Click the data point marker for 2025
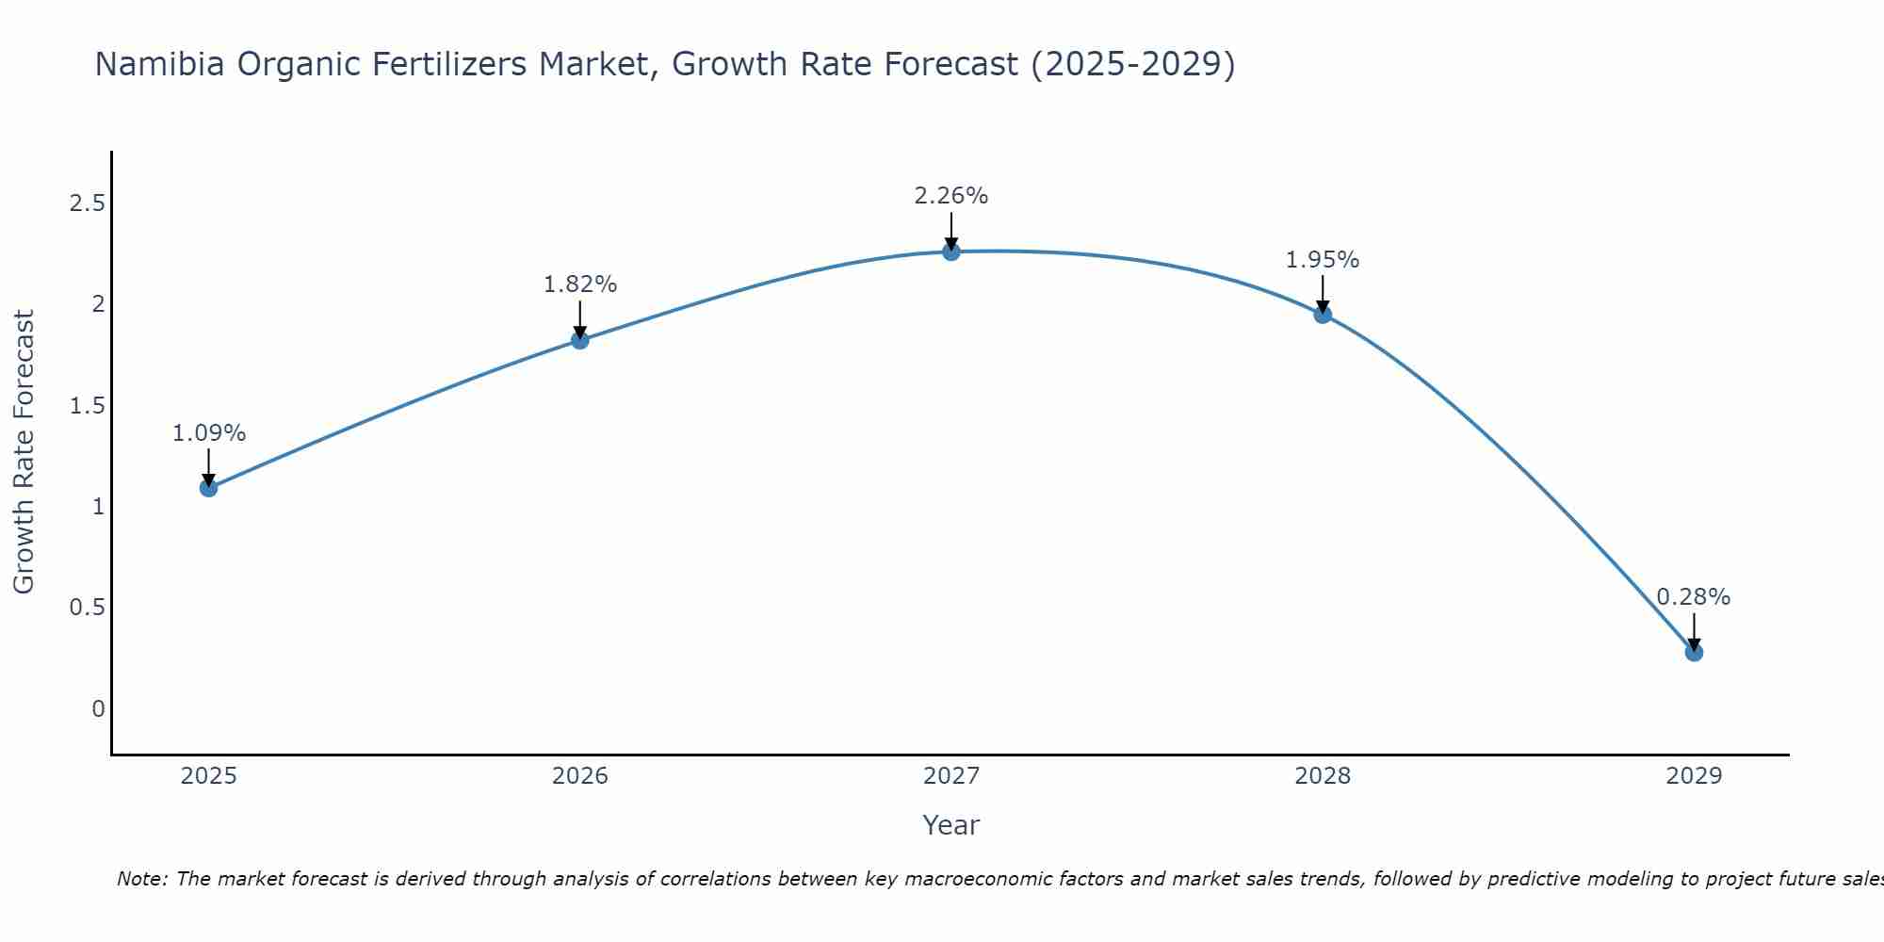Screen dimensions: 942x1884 pyautogui.click(x=209, y=487)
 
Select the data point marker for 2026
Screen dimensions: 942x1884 pyautogui.click(x=580, y=340)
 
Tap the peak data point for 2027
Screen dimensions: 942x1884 pyautogui.click(x=951, y=252)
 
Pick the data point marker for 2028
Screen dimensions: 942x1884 pyautogui.click(x=1323, y=315)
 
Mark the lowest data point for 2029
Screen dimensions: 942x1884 pyautogui.click(x=1694, y=652)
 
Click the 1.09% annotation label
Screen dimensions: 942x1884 pyautogui.click(x=209, y=433)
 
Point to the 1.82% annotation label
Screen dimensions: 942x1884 pyautogui.click(x=580, y=284)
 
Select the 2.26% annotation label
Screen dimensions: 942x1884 pyautogui.click(x=951, y=196)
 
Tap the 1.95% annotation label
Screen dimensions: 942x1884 pyautogui.click(x=1323, y=260)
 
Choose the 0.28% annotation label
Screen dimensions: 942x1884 pyautogui.click(x=1694, y=597)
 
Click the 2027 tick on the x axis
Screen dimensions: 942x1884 pyautogui.click(x=951, y=776)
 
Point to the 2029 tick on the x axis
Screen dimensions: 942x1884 pyautogui.click(x=1694, y=776)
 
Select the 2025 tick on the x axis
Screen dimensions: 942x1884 pyautogui.click(x=209, y=776)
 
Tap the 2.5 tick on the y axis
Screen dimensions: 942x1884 pyautogui.click(x=87, y=203)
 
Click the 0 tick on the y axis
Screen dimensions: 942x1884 pyautogui.click(x=98, y=708)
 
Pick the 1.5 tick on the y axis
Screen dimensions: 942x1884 pyautogui.click(x=87, y=406)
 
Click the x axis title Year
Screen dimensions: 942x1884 pyautogui.click(x=951, y=825)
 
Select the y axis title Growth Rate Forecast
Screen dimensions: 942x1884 pyautogui.click(x=24, y=452)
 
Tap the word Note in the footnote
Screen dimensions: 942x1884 pyautogui.click(x=141, y=879)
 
